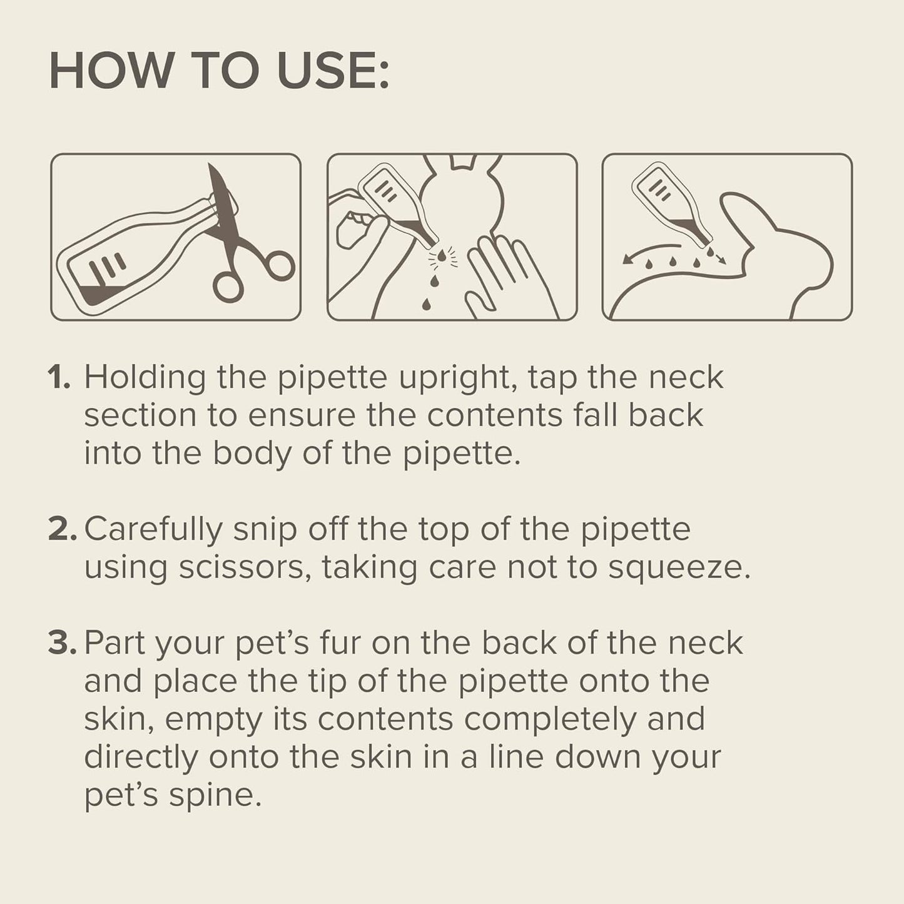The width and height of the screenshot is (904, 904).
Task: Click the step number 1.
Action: pos(59,378)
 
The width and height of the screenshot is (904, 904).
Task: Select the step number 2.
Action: pos(62,530)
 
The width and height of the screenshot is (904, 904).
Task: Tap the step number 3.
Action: pos(62,644)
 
